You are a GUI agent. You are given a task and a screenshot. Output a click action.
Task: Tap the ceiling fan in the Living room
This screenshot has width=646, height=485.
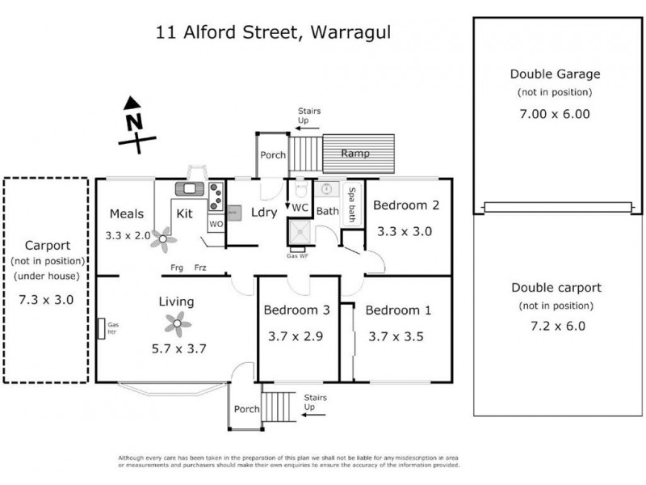click(x=178, y=325)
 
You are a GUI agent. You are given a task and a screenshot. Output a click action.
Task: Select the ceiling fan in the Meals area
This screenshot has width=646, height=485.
click(x=166, y=238)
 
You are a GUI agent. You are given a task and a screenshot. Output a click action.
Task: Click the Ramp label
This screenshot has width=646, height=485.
click(x=355, y=154)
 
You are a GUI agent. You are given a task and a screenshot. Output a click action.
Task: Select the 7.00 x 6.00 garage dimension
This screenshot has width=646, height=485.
click(x=555, y=114)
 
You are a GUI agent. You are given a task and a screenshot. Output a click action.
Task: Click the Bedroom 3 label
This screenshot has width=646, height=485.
click(x=296, y=310)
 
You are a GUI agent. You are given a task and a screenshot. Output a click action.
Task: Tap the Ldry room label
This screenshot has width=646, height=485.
click(x=265, y=213)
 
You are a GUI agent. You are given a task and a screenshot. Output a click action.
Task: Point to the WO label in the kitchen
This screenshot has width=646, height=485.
click(x=216, y=223)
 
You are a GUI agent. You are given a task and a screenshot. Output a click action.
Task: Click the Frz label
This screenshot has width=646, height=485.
click(x=199, y=268)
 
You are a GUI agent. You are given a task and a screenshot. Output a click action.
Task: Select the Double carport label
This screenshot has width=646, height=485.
click(x=555, y=287)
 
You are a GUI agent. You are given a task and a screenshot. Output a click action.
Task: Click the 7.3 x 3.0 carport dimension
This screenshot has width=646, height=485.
click(x=46, y=299)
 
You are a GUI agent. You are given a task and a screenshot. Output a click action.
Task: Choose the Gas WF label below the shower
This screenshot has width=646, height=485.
click(x=298, y=255)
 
